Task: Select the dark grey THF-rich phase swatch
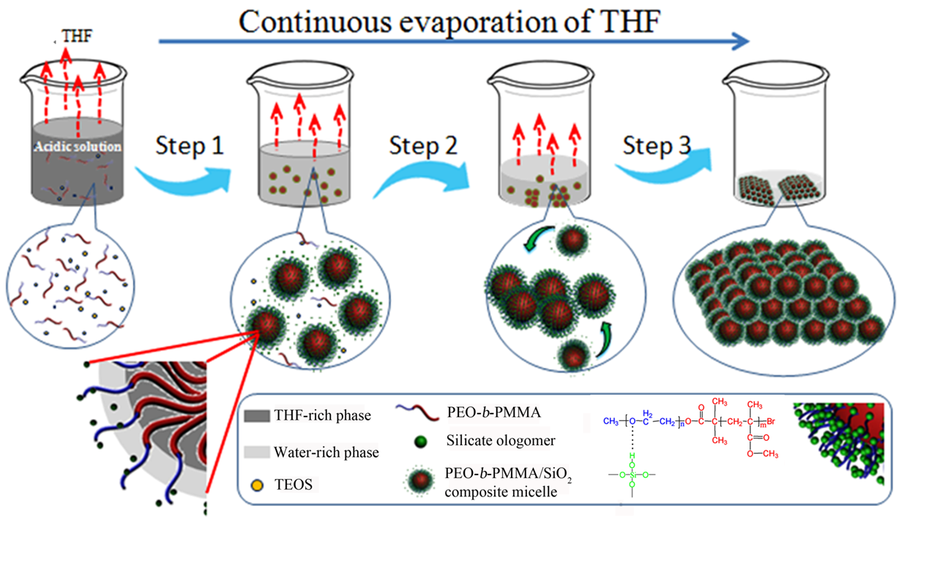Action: [256, 416]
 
